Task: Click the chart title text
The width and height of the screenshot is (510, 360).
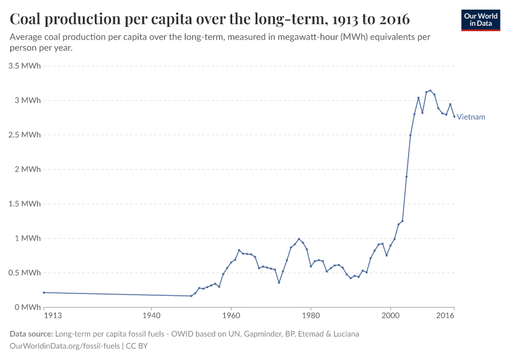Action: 210,19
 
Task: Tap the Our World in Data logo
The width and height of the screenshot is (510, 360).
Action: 481,20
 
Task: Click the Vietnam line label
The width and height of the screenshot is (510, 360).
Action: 471,117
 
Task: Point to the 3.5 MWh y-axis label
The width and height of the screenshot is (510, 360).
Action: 25,65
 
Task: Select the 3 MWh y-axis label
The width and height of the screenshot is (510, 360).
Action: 28,100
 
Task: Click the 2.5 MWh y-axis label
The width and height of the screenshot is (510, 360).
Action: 25,135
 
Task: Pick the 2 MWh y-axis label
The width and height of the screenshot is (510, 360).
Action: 28,169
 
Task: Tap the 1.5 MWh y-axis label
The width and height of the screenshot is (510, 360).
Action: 25,204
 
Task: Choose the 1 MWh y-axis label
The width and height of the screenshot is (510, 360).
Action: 28,238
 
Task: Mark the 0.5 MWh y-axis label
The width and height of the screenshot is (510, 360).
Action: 25,272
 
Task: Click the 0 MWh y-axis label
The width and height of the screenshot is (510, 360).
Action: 28,307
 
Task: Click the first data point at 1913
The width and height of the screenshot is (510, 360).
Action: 44,292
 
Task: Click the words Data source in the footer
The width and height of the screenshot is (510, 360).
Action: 31,334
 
